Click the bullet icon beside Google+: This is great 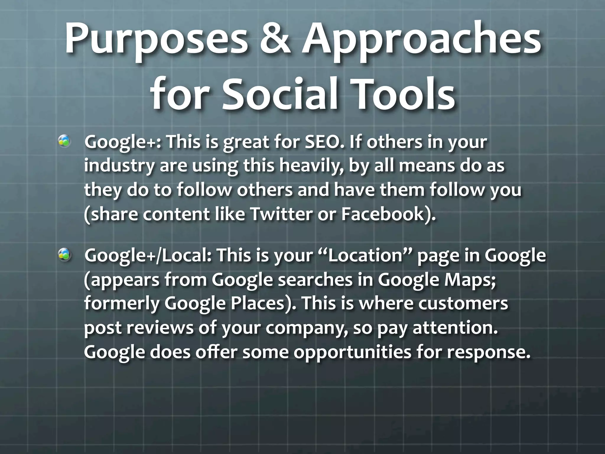(64, 141)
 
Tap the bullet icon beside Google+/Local (64, 254)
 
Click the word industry (119, 166)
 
